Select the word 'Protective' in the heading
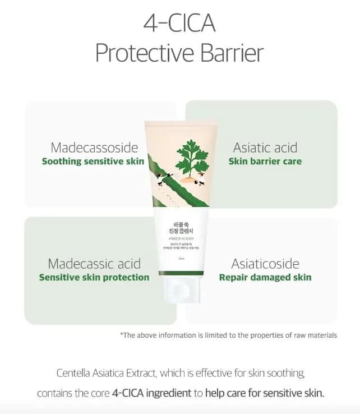(x=145, y=54)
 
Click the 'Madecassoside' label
(x=94, y=148)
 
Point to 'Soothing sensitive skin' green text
(x=93, y=162)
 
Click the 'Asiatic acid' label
(x=265, y=148)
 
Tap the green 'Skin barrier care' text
(x=265, y=162)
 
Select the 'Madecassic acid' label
(x=94, y=263)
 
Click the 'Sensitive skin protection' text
(x=94, y=277)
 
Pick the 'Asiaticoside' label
(x=265, y=263)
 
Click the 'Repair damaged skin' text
(x=265, y=277)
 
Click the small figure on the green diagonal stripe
(x=159, y=178)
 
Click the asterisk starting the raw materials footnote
(x=122, y=335)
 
